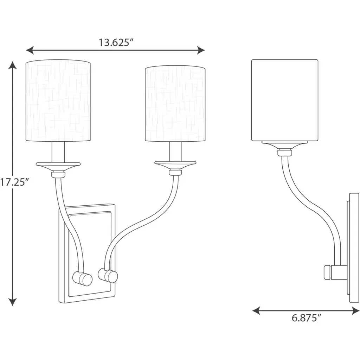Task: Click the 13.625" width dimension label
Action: click(x=116, y=42)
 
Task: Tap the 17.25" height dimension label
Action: click(x=14, y=182)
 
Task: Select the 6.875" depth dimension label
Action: click(x=306, y=318)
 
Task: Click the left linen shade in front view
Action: click(x=58, y=101)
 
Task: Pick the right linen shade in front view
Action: click(x=175, y=104)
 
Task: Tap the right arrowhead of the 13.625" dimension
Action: click(x=201, y=50)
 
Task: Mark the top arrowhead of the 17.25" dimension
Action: click(x=13, y=65)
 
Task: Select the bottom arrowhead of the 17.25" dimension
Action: click(x=13, y=302)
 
